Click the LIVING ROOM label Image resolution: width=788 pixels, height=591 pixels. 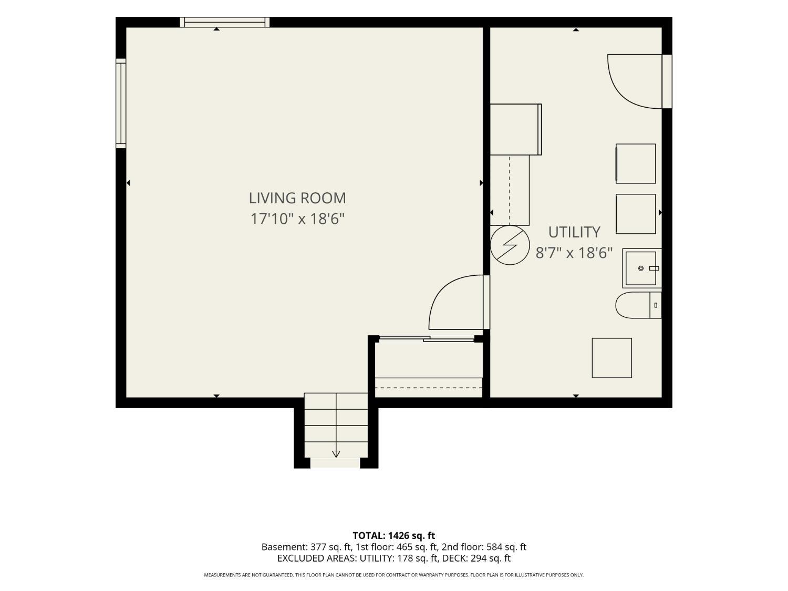(297, 198)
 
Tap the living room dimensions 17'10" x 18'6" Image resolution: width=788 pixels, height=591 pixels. (297, 219)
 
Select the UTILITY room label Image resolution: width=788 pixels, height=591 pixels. (574, 232)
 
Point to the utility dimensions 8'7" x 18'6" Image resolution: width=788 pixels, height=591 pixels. (574, 253)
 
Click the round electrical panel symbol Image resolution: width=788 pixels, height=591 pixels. (510, 245)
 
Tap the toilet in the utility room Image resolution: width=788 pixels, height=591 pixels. (638, 305)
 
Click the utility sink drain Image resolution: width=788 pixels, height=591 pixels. (641, 268)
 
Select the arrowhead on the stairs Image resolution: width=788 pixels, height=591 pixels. (336, 454)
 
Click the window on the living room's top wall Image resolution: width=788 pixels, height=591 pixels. (224, 22)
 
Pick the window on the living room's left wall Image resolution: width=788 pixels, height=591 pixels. (121, 103)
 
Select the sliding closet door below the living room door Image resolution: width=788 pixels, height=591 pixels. (427, 338)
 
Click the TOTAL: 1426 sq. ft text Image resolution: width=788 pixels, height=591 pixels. (394, 536)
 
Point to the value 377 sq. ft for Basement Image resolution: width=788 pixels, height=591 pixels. (329, 547)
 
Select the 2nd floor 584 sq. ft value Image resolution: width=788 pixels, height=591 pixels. (506, 547)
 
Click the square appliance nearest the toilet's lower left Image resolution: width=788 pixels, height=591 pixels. (611, 358)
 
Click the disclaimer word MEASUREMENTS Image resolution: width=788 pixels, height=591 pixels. (222, 575)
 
